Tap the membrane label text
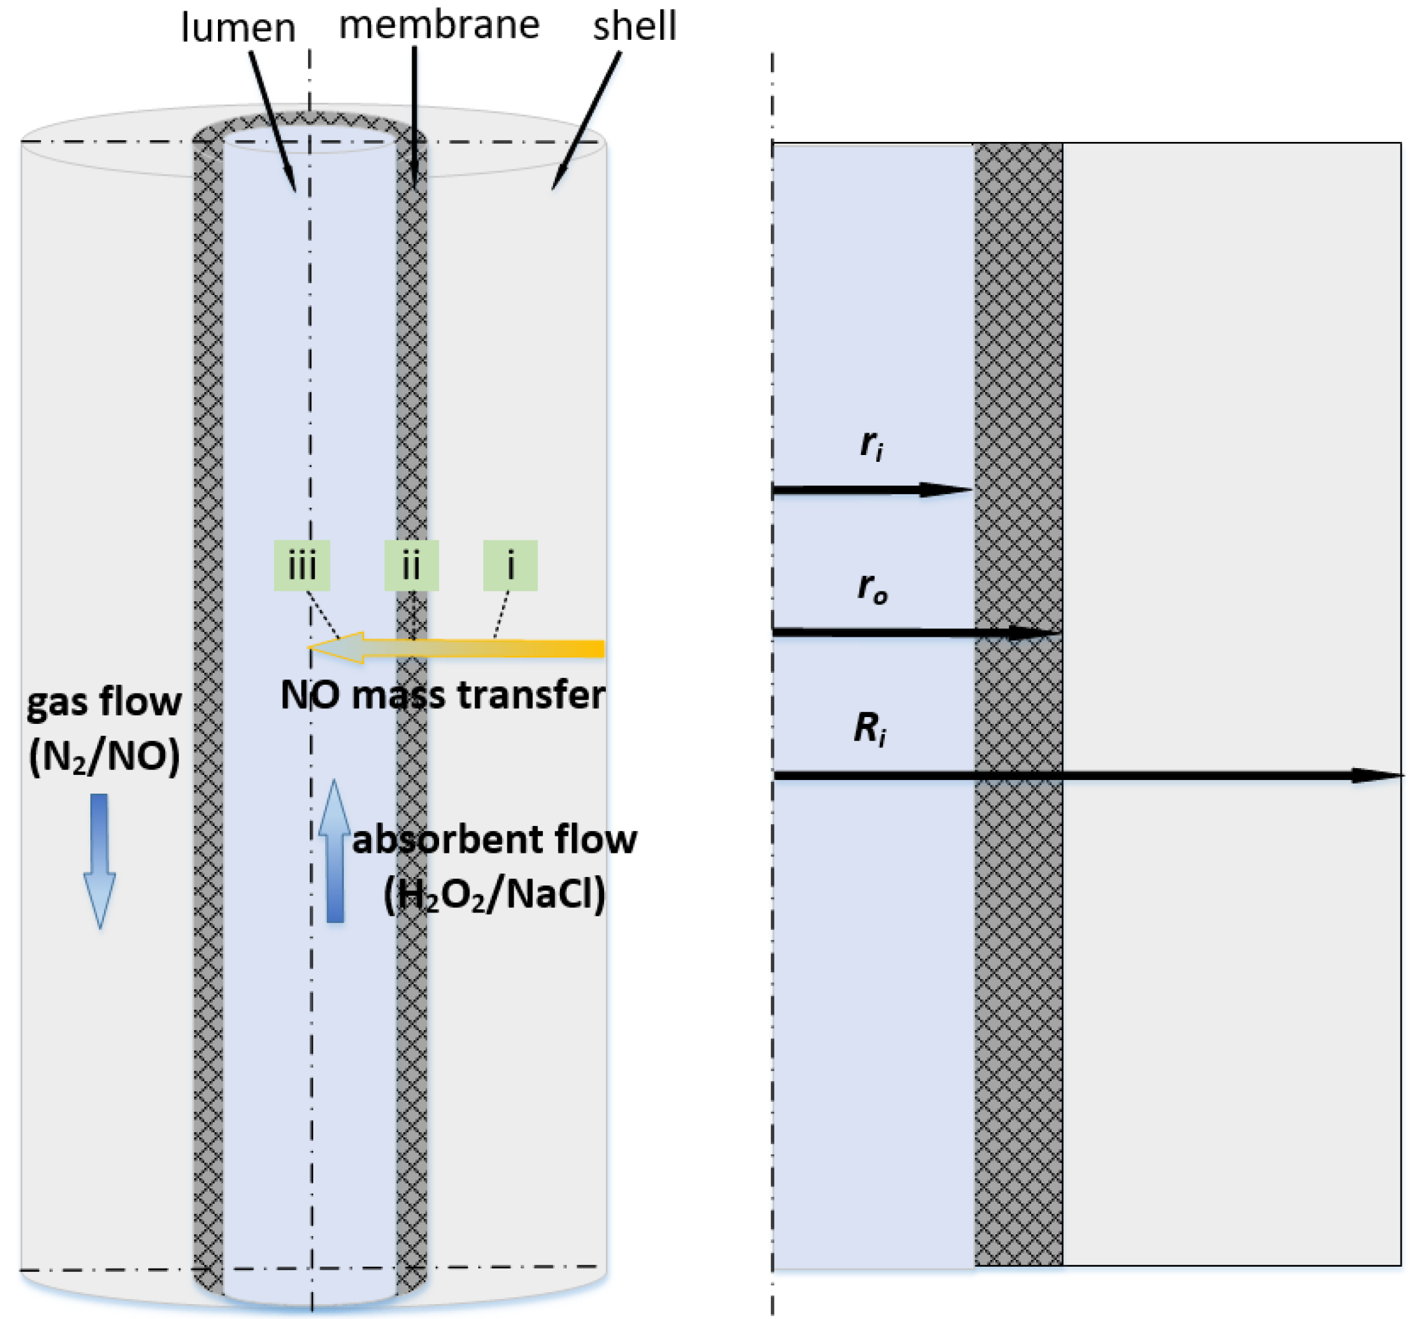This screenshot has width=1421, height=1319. pos(439,25)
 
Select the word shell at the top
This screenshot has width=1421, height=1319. pos(634,26)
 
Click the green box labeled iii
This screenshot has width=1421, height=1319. pos(302,566)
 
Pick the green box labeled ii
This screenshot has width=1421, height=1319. pos(412,566)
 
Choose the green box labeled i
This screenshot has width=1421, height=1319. pos(510,566)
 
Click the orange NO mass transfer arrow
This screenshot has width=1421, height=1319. pos(456,648)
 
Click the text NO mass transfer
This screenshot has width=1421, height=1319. pos(443,695)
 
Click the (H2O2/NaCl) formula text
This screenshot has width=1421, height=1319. pos(495,894)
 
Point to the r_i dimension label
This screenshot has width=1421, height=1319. pos(872,446)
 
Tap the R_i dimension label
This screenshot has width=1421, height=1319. pos(871,730)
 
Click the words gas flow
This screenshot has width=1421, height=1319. pos(104,702)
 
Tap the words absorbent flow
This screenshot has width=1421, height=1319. pos(495,838)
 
